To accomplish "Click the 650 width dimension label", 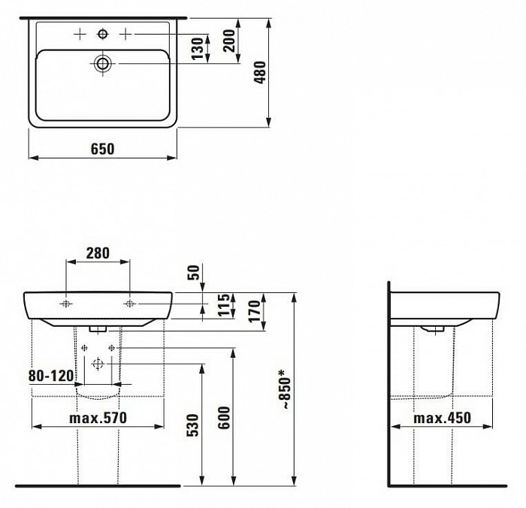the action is pyautogui.click(x=102, y=149).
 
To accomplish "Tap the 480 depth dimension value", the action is pyautogui.click(x=260, y=72).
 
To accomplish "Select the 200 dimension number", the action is pyautogui.click(x=230, y=41).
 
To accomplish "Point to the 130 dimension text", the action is pyautogui.click(x=198, y=49).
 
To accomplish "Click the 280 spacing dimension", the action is pyautogui.click(x=98, y=253).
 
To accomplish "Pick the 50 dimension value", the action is pyautogui.click(x=194, y=273).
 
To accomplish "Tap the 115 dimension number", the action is pyautogui.click(x=224, y=305).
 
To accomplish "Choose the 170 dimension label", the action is pyautogui.click(x=255, y=311).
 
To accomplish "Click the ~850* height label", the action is pyautogui.click(x=285, y=389).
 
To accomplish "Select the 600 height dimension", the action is pyautogui.click(x=224, y=418).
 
